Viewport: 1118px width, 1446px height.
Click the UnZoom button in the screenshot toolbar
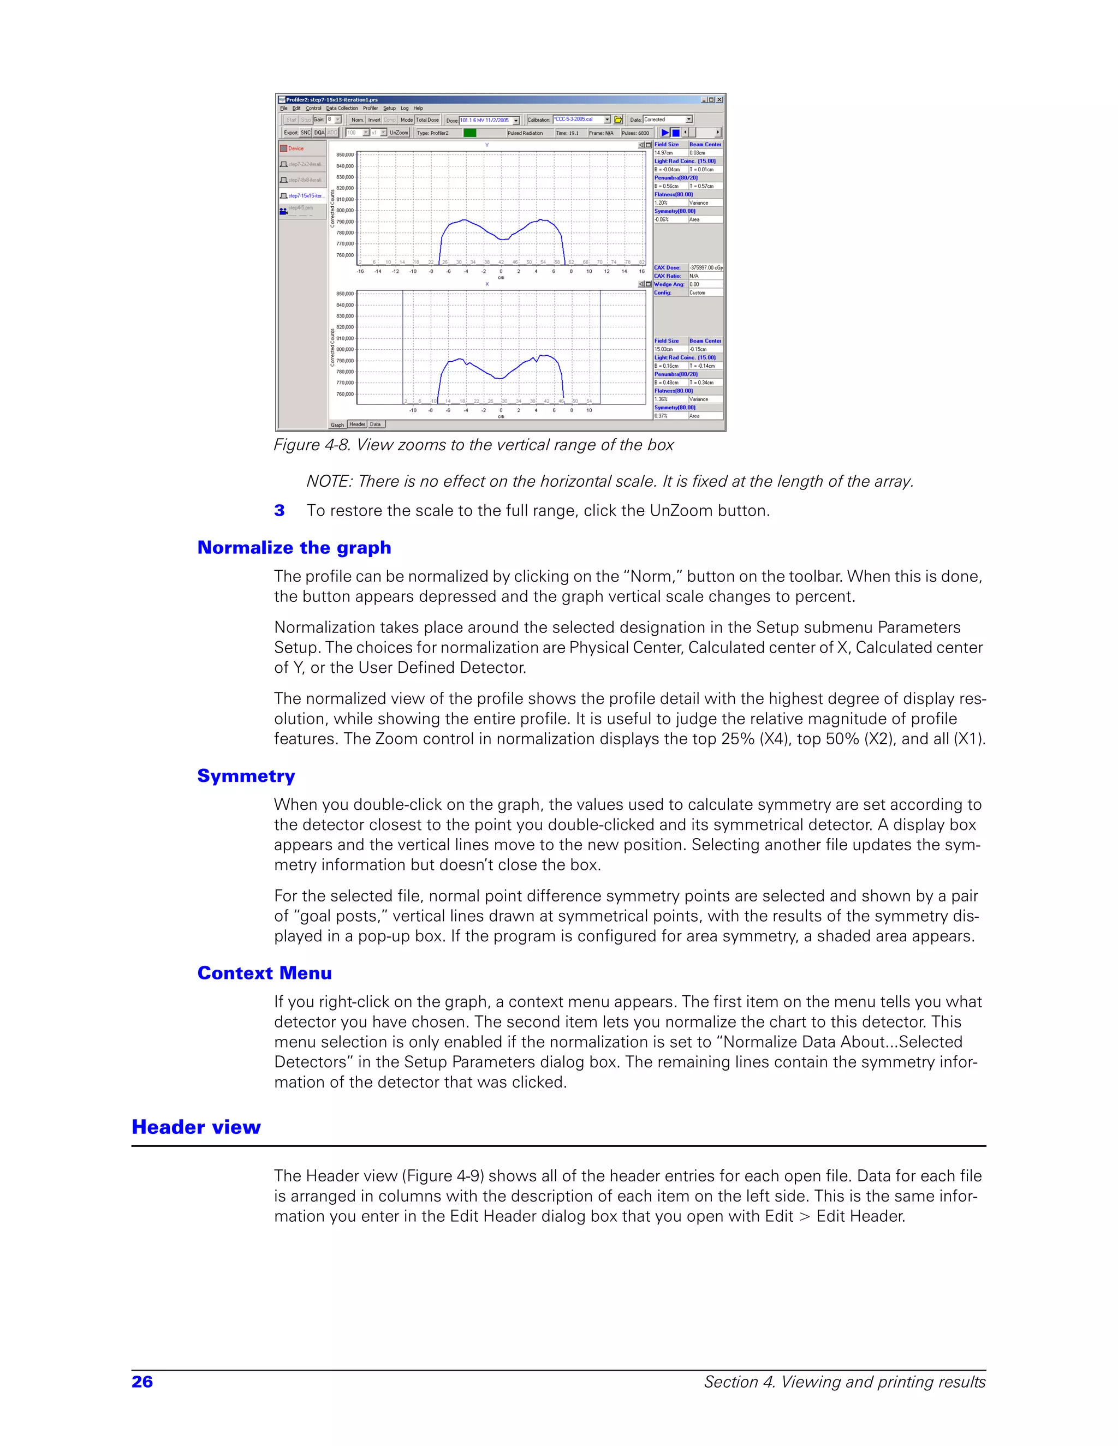[399, 133]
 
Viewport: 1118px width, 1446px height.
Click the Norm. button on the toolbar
[358, 120]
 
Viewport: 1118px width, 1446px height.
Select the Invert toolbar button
[374, 120]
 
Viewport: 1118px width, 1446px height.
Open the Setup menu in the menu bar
[389, 109]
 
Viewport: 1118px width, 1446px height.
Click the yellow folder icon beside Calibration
[618, 120]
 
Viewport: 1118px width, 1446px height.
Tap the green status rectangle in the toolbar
[469, 133]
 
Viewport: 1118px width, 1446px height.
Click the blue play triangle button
[665, 133]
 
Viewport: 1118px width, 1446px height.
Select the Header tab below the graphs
[357, 425]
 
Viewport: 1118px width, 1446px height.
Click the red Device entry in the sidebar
[295, 149]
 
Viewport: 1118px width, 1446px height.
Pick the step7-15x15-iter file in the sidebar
[305, 196]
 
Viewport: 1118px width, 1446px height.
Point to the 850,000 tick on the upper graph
[344, 155]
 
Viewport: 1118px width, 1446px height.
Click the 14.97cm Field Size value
[664, 153]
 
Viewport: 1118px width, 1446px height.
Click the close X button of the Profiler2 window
[719, 100]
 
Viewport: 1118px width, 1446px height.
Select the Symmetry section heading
[246, 776]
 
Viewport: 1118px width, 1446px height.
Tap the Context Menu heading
[264, 973]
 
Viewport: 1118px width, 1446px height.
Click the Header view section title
[196, 1127]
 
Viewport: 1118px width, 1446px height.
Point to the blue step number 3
[279, 511]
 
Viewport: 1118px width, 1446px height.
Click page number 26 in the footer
[142, 1382]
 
